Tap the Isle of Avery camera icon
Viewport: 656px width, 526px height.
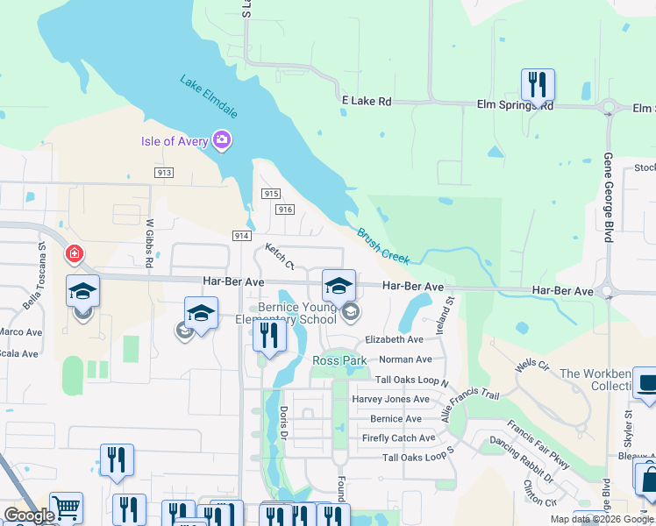[x=222, y=140]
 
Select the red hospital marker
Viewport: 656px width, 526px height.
[x=75, y=255]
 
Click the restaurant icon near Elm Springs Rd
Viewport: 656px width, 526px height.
[x=537, y=85]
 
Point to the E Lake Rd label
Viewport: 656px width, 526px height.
[x=366, y=102]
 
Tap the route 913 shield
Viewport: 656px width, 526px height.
[x=164, y=174]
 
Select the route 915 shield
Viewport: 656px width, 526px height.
[x=270, y=194]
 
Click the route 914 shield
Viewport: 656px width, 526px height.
[x=243, y=236]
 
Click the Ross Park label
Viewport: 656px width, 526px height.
[x=339, y=360]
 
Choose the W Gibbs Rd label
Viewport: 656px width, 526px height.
[x=150, y=244]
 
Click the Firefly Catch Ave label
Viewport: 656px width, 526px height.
[x=398, y=438]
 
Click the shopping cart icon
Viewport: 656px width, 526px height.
[x=66, y=508]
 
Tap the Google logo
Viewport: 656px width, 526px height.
[x=28, y=515]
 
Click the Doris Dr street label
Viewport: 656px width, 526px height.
[x=283, y=423]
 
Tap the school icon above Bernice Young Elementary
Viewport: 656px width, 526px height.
[x=339, y=285]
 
